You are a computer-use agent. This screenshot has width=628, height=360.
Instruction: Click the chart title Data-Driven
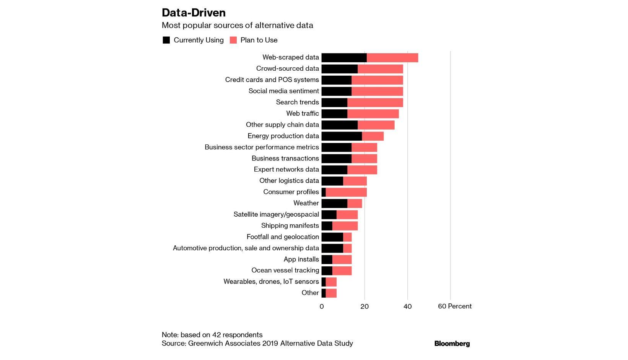click(194, 13)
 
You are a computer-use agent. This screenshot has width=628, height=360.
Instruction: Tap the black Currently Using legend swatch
click(166, 40)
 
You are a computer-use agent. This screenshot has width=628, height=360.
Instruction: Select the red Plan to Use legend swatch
click(233, 40)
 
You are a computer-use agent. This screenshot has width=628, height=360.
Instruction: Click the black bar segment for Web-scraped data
click(344, 58)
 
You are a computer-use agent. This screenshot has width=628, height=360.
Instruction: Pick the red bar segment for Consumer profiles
click(346, 192)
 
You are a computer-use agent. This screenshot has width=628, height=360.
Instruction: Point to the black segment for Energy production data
click(342, 136)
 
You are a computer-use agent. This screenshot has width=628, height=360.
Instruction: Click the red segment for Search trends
click(375, 102)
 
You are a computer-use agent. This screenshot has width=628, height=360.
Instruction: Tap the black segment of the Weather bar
click(334, 203)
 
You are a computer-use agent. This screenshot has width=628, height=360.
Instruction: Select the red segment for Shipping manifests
click(345, 226)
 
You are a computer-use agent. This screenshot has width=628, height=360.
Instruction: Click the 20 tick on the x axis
click(364, 306)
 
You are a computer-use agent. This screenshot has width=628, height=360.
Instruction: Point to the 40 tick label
click(407, 306)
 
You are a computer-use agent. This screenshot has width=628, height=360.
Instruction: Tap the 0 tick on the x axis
click(322, 306)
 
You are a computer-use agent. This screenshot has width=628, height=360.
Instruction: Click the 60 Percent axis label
click(454, 306)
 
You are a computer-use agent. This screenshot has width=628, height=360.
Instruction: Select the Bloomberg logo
click(452, 344)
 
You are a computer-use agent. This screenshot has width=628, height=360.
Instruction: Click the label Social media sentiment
click(283, 91)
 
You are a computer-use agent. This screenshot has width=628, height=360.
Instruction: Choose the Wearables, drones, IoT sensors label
click(271, 282)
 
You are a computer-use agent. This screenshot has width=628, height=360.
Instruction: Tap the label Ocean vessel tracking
click(285, 270)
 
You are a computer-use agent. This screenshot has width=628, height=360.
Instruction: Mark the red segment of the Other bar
click(331, 293)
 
